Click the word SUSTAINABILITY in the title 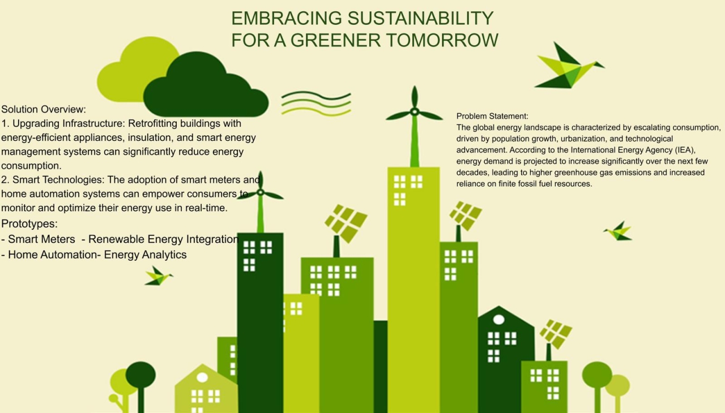coord(420,18)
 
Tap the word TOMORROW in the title coord(442,40)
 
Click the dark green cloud coord(206,85)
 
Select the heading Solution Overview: coord(44,109)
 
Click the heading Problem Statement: coord(492,116)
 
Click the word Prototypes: coord(29,223)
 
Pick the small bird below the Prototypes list coord(158,276)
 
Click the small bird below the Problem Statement coord(618,231)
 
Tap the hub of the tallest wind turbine coord(415,112)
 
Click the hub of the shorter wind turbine coord(261,192)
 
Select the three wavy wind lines coord(316,104)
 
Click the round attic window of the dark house coord(499,320)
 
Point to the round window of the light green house coord(202,377)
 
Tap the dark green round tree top coord(140,375)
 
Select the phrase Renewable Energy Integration coord(164,239)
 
